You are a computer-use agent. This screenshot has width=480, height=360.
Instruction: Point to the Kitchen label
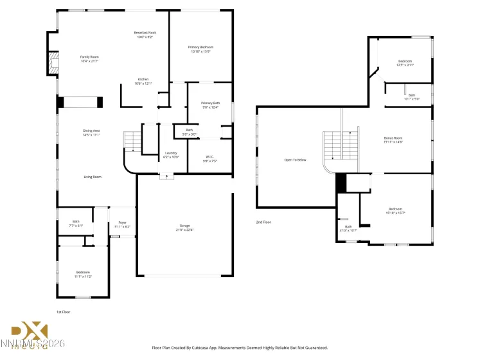click(143, 81)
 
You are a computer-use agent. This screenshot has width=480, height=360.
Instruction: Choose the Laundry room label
click(171, 154)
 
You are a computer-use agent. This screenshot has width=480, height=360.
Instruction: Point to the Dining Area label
click(91, 132)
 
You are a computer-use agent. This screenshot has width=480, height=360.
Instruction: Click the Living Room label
click(93, 176)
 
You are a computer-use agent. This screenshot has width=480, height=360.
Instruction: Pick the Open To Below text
click(296, 159)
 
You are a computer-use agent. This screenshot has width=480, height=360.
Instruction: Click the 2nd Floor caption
click(263, 222)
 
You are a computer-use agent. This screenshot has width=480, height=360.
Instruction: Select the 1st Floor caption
click(64, 312)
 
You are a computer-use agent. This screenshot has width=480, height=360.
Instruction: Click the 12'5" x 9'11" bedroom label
click(405, 63)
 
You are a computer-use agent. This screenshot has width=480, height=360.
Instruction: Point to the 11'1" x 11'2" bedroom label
click(84, 273)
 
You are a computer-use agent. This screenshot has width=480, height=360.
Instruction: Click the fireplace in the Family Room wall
click(54, 64)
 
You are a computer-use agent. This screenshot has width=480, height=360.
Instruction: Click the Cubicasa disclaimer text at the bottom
click(244, 347)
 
